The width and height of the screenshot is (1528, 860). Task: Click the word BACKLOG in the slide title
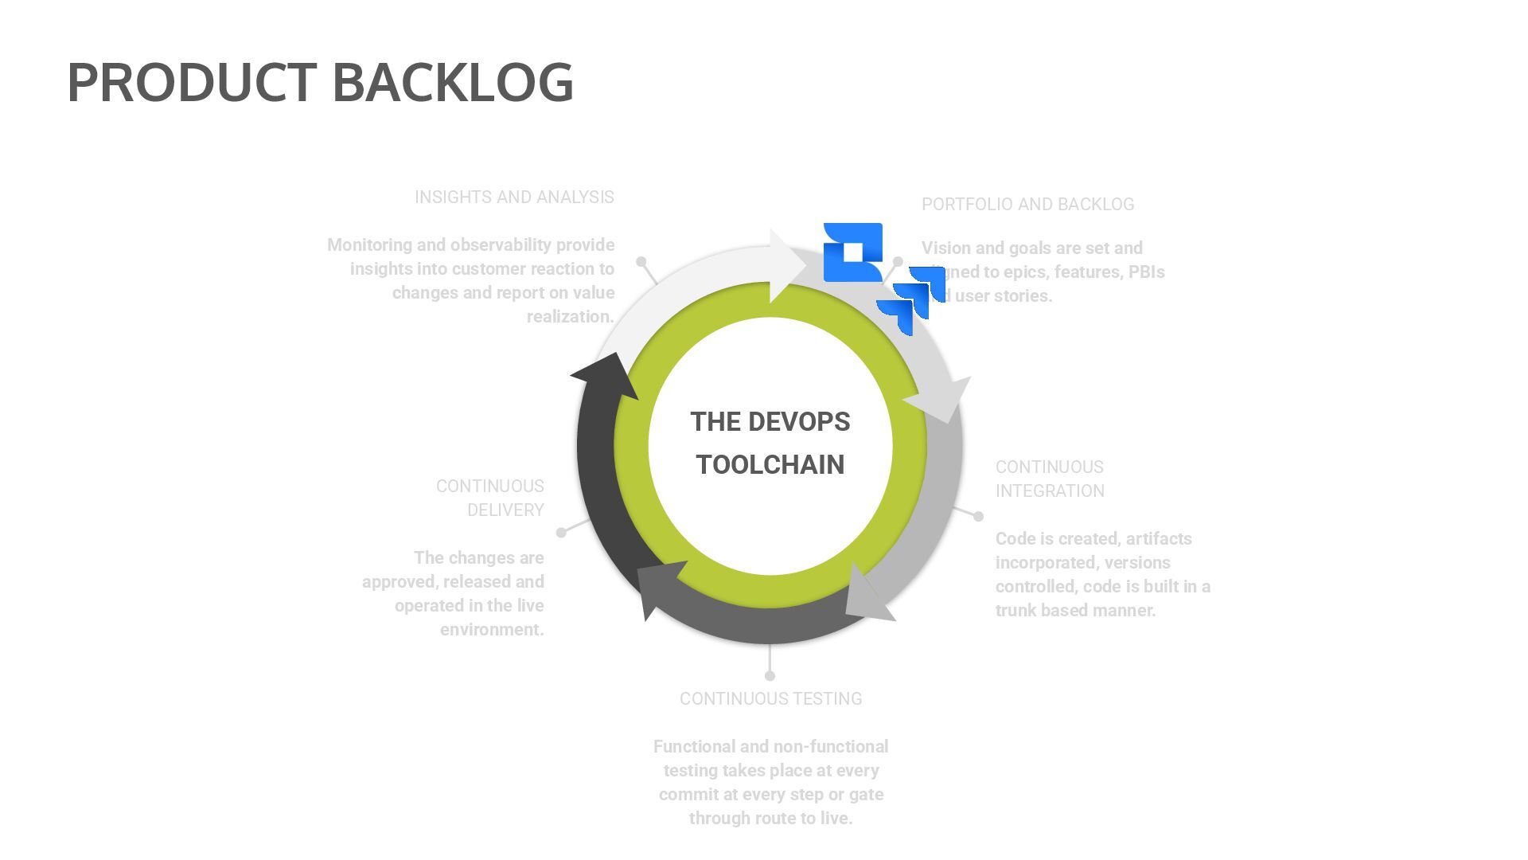point(452,82)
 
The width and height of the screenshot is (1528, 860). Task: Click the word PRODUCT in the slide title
point(192,82)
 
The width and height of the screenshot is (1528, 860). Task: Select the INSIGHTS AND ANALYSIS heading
point(514,197)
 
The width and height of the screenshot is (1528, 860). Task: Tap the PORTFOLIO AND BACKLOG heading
point(1027,204)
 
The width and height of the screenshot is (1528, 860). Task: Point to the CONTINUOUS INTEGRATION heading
point(1050,479)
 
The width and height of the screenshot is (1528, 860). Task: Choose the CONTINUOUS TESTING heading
point(770,698)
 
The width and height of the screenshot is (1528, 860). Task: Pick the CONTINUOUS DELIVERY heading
point(490,498)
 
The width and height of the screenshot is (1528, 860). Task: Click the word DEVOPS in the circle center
point(799,421)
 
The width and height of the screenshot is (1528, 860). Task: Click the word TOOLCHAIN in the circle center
point(770,464)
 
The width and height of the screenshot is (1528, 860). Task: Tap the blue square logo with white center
point(852,252)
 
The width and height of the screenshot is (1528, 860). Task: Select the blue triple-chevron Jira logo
point(912,299)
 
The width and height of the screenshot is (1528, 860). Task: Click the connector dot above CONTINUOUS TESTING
point(770,676)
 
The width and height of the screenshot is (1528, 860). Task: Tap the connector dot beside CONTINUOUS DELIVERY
point(561,532)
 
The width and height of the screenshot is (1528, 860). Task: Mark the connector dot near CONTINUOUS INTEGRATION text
point(978,516)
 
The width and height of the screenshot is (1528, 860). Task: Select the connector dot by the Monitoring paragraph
point(641,261)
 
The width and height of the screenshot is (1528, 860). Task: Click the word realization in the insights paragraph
point(570,316)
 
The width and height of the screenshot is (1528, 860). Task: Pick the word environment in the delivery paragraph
point(492,629)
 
